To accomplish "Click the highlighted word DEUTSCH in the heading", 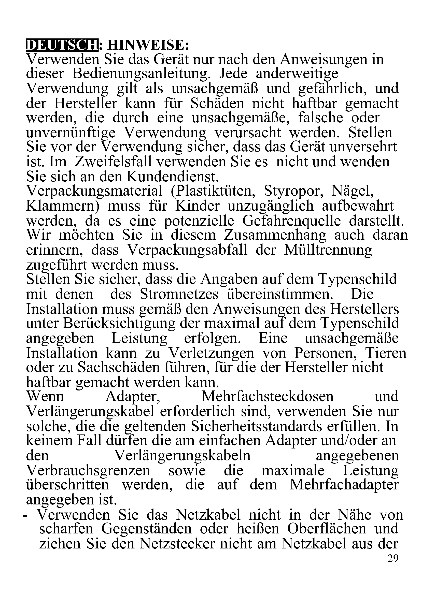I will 62,45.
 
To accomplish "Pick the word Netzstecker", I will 177,543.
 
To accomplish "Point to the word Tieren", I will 386,353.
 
